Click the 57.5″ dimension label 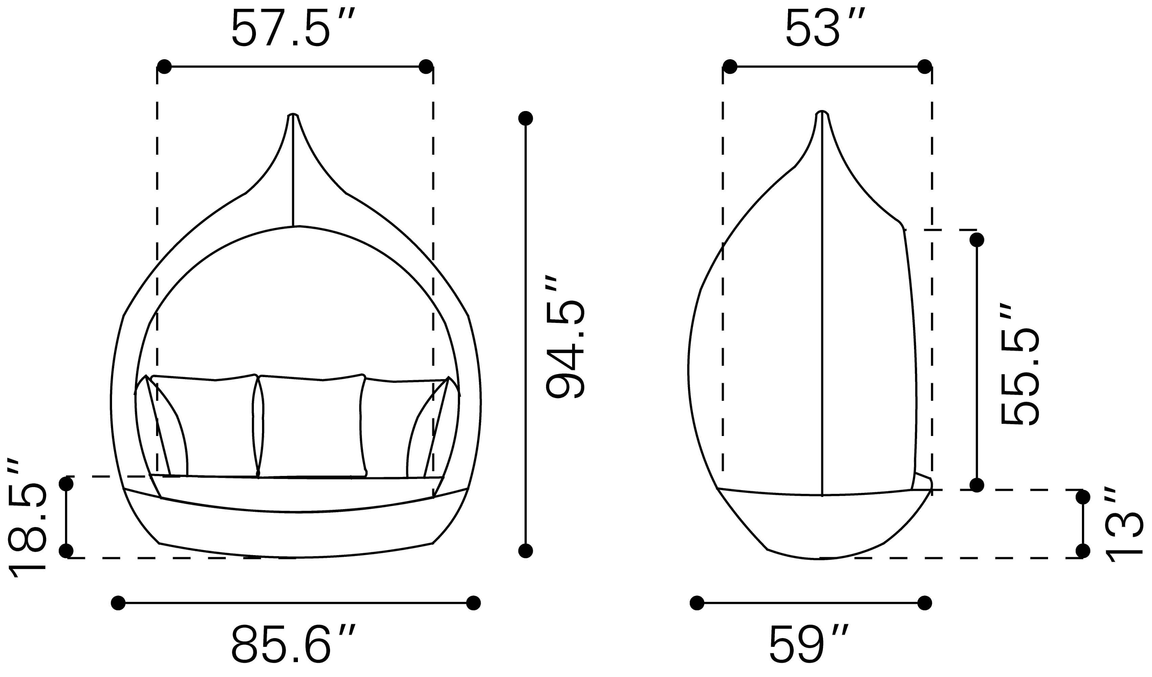(293, 28)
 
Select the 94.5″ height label (565, 338)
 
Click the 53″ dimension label (825, 28)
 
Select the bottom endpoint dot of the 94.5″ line (526, 551)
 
